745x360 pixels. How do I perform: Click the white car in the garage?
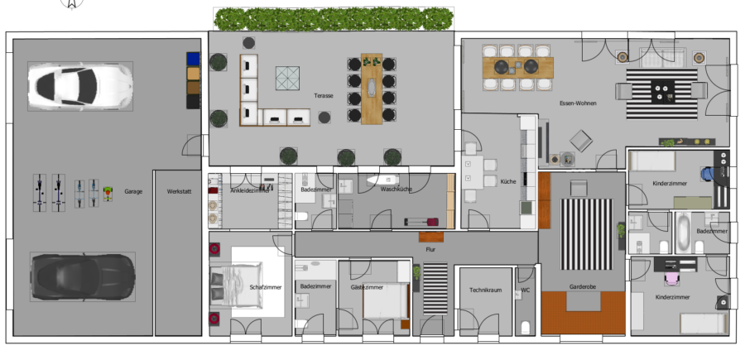click(79, 86)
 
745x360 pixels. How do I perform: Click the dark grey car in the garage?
click(83, 277)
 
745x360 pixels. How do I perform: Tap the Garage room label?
click(133, 191)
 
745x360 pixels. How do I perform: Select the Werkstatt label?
click(179, 191)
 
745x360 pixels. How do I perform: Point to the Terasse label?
click(324, 95)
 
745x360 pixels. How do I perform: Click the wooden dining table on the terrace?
click(372, 89)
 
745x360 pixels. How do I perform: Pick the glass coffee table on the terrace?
click(287, 78)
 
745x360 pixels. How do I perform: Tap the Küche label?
click(508, 181)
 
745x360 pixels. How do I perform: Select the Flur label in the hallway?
click(430, 249)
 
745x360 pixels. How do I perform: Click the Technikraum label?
click(486, 290)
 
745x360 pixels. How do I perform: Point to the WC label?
click(526, 290)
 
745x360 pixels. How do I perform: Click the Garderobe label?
click(583, 287)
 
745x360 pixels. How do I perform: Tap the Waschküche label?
click(397, 189)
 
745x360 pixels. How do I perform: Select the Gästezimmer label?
click(368, 287)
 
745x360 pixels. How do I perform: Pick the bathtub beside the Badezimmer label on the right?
click(683, 233)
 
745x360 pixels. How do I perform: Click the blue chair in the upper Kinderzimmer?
click(708, 174)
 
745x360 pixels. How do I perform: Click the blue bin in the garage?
click(193, 59)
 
